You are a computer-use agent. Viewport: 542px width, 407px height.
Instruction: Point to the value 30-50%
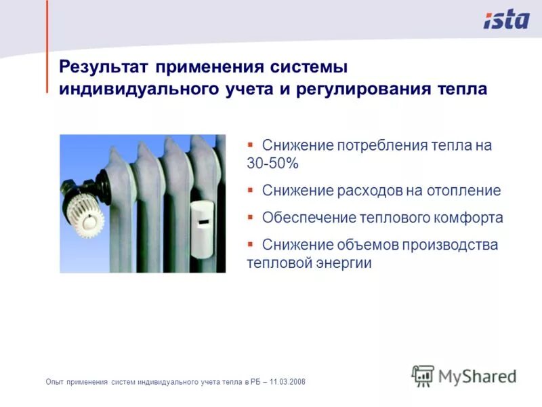pyautogui.click(x=272, y=164)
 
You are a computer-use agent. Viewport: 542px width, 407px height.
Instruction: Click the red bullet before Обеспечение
pyautogui.click(x=250, y=217)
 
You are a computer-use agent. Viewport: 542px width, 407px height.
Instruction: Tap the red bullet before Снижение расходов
pyautogui.click(x=250, y=190)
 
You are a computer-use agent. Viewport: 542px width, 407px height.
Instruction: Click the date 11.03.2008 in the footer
pyautogui.click(x=287, y=383)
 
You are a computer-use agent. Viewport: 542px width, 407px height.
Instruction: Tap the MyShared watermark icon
pyautogui.click(x=423, y=375)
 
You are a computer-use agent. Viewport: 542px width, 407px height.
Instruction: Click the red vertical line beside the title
pyautogui.click(x=47, y=47)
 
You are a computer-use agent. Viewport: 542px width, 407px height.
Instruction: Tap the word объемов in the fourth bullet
pyautogui.click(x=357, y=245)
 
